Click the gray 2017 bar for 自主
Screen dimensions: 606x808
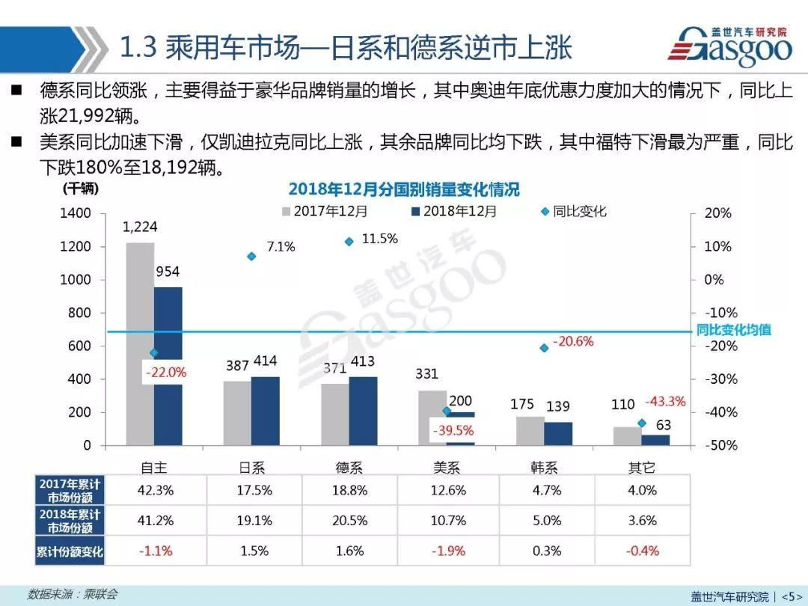coord(140,344)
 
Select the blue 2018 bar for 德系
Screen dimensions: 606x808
coord(364,411)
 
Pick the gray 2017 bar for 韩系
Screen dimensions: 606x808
coord(529,431)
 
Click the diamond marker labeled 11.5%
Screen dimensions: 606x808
coord(349,242)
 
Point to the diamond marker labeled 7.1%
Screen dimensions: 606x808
coord(251,257)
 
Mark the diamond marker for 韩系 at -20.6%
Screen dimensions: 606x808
coord(544,348)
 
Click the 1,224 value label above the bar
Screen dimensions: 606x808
coord(140,227)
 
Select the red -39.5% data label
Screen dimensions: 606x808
coord(452,431)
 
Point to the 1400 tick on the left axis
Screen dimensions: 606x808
coord(76,213)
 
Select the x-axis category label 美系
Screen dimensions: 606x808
coord(447,468)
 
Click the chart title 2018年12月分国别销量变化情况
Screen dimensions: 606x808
coord(403,189)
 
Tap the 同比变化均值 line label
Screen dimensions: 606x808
coord(733,329)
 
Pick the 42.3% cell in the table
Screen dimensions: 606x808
coord(156,490)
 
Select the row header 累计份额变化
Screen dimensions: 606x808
coord(69,551)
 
